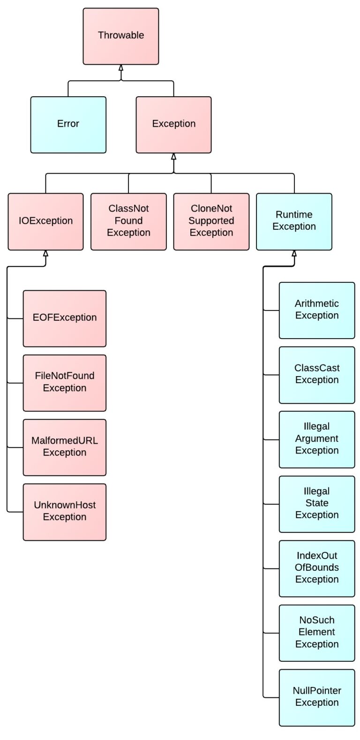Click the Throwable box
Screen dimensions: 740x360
pos(121,36)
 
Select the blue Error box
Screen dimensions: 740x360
pos(68,125)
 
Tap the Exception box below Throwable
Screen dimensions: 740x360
pos(173,125)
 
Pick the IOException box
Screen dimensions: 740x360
pos(45,221)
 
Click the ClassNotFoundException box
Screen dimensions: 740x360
pos(128,221)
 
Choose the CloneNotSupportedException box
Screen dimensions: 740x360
pos(211,221)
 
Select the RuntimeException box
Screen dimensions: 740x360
pos(294,221)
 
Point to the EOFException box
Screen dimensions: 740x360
pos(65,318)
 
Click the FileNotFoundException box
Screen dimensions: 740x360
pos(65,383)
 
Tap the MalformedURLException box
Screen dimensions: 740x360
pos(65,447)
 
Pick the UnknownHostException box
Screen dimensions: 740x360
pos(65,512)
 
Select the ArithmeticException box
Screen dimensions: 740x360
pos(317,310)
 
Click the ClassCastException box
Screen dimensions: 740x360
pos(317,375)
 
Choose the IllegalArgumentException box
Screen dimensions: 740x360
pos(317,439)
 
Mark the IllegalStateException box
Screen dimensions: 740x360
pos(317,504)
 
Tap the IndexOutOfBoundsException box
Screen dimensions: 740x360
pos(317,568)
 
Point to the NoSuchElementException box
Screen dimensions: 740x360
pos(317,633)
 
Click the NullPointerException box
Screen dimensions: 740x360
pos(317,697)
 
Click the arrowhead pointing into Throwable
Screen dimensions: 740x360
pos(121,68)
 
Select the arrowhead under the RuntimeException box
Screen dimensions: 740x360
pos(294,253)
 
